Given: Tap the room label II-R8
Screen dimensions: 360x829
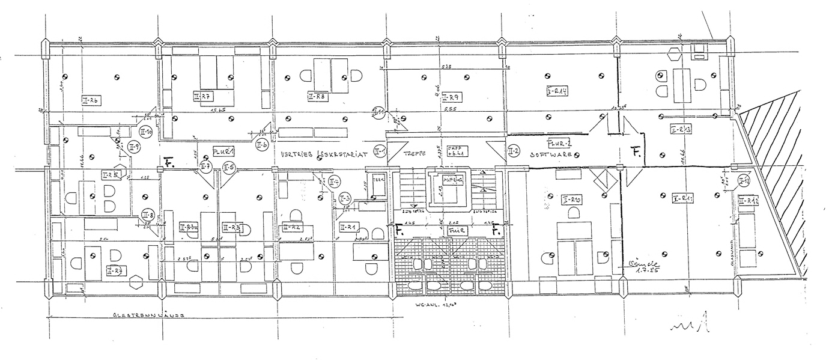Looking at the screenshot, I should coord(317,96).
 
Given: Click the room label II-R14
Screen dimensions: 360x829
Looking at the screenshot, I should coord(557,91).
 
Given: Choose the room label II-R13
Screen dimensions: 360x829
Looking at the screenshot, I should coord(680,129).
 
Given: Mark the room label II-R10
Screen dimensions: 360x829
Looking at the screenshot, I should coord(571,198).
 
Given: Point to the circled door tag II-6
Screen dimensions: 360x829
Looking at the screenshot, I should coord(261,145).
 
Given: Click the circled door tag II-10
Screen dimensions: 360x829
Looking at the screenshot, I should coord(145,131).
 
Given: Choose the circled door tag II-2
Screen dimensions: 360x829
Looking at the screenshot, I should coord(513,150).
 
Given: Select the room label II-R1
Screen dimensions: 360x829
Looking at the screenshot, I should coord(348,227).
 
